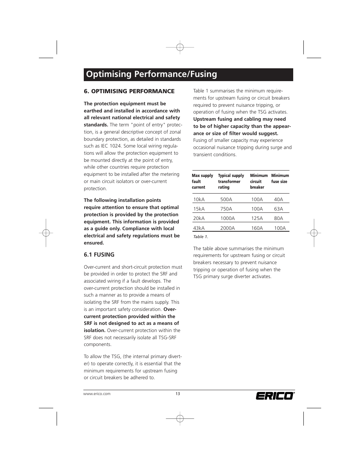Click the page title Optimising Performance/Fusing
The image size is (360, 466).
pos(151,74)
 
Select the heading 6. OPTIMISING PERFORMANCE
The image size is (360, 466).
pos(129,91)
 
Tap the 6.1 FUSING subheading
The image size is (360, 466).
pos(99,255)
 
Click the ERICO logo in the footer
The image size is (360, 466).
pos(274,395)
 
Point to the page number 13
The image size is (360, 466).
pos(177,394)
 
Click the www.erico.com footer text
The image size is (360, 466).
pos(97,394)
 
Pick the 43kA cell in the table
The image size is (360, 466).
pos(199,228)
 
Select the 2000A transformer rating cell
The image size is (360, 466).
pos(228,228)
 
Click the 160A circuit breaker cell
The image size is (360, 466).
pos(257,228)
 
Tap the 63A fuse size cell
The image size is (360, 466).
pos(278,209)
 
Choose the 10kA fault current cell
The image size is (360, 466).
pos(199,199)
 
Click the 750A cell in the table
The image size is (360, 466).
pos(226,209)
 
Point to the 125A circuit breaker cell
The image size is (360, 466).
pos(257,218)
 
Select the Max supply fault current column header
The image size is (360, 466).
pos(202,181)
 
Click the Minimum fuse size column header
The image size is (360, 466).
pos(280,178)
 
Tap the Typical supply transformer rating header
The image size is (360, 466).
pos(231,181)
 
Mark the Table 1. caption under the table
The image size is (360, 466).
pos(200,237)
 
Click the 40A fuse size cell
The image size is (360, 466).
pos(278,199)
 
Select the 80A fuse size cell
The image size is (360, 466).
pos(278,218)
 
